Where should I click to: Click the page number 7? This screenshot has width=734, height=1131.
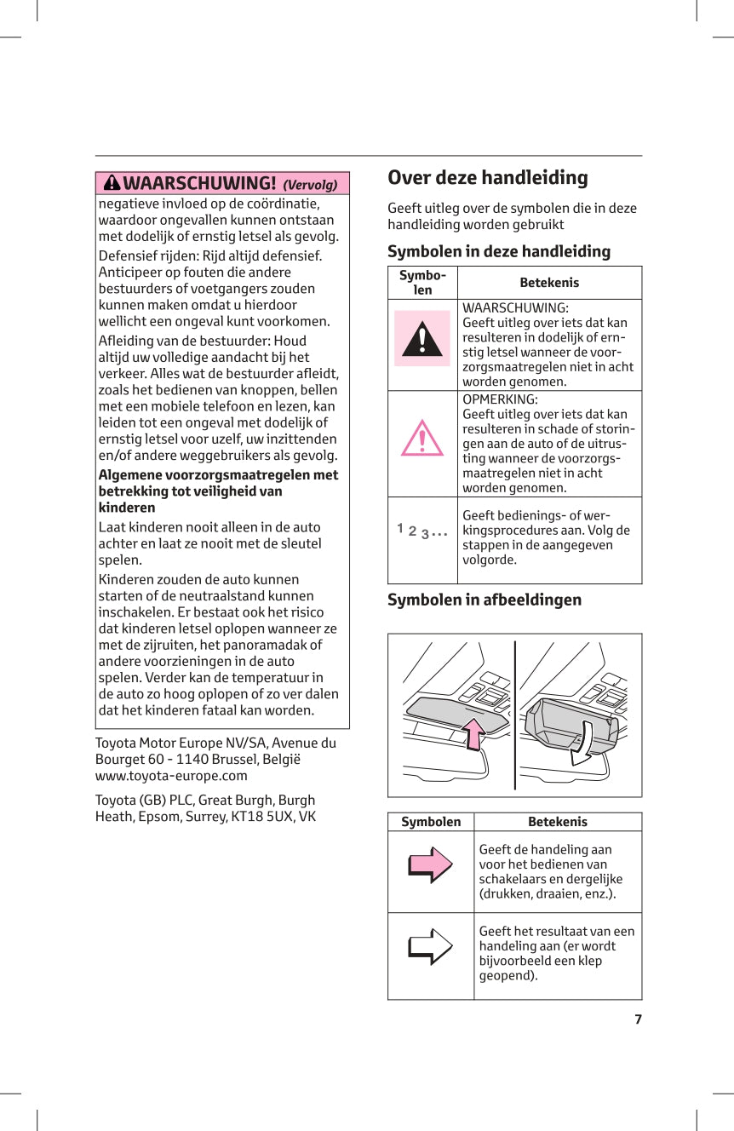638,1019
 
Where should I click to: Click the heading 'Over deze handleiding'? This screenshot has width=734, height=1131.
487,178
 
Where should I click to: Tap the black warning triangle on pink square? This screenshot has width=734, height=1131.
422,339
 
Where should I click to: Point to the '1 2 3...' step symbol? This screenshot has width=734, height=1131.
421,531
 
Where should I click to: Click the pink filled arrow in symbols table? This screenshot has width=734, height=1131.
430,864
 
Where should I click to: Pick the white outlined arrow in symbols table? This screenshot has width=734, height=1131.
430,945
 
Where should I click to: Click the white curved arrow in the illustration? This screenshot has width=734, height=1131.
585,742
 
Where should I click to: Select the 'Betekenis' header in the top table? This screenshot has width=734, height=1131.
549,283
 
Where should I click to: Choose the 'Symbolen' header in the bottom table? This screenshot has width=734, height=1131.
431,822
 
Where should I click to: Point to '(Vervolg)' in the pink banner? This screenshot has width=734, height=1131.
310,185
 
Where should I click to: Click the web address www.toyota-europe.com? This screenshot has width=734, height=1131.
171,776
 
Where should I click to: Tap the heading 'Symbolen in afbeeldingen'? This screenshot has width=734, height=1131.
485,600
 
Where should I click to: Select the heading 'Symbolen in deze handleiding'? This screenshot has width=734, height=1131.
499,251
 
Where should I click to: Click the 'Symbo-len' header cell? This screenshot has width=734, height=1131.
422,283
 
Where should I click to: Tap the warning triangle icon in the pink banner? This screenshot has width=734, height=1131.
112,183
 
